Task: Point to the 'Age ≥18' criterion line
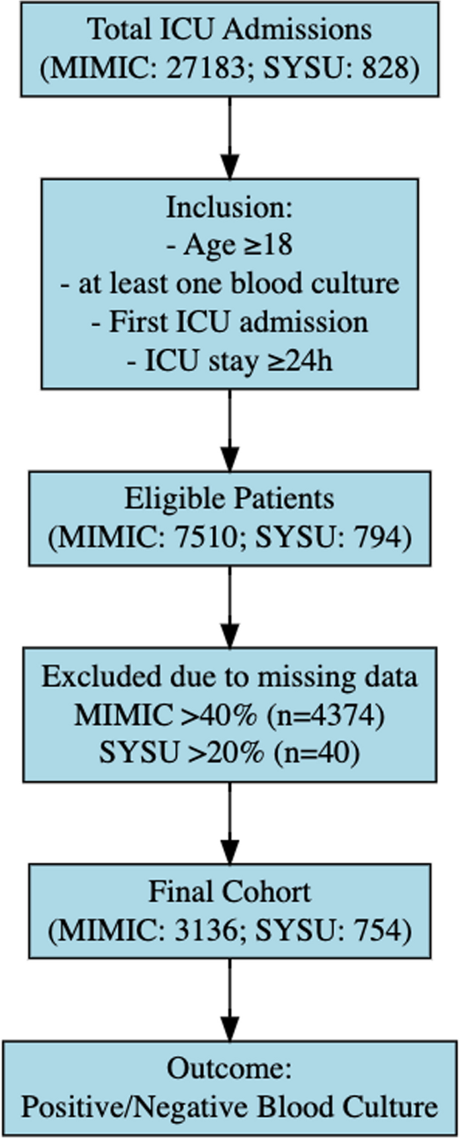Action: click(x=230, y=245)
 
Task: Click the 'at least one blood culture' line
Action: click(x=230, y=283)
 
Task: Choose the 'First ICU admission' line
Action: click(x=230, y=322)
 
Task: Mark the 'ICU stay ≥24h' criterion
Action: click(x=230, y=361)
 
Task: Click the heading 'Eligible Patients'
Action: click(x=230, y=499)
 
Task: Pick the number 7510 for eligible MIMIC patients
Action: click(x=204, y=537)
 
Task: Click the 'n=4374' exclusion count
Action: click(x=326, y=715)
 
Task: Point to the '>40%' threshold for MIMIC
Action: click(x=218, y=715)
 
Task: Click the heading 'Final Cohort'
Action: click(x=230, y=892)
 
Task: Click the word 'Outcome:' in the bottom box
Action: click(x=230, y=1068)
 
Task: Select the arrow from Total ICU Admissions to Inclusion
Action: click(x=230, y=138)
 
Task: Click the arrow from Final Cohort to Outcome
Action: click(x=230, y=1000)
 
